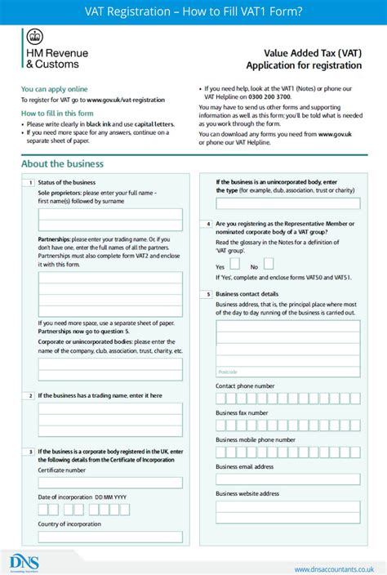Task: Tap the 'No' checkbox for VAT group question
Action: click(x=268, y=265)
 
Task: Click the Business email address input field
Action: click(x=287, y=480)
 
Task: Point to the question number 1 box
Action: click(x=30, y=182)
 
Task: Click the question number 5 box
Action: click(x=209, y=293)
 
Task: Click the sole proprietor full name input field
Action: click(x=110, y=219)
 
